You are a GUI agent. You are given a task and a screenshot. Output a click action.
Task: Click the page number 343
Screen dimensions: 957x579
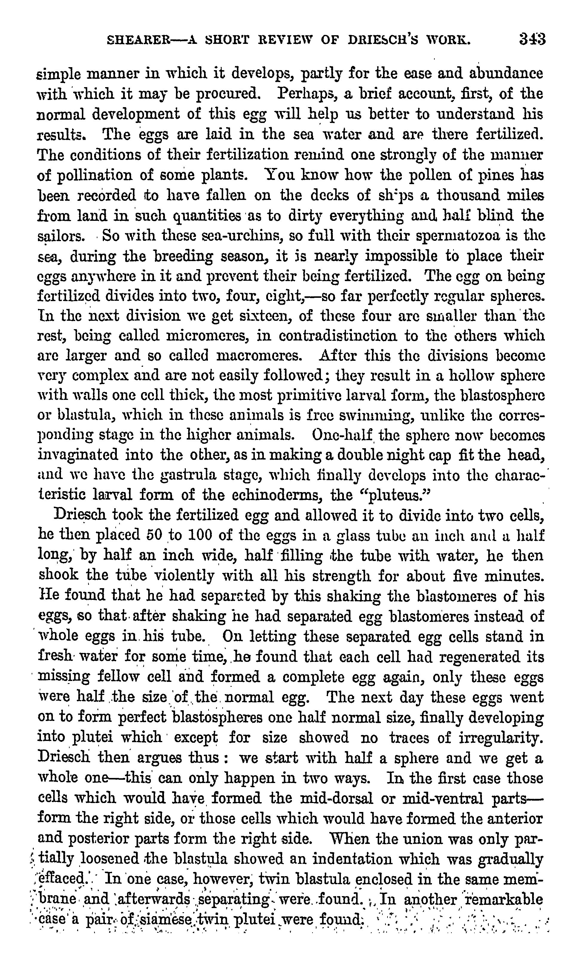tap(532, 40)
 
